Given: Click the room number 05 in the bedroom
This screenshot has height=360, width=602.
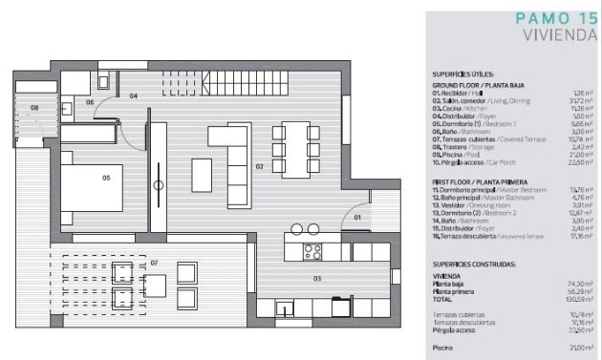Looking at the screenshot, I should coord(106,177).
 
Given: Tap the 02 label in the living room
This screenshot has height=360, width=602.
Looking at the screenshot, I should coord(259,166).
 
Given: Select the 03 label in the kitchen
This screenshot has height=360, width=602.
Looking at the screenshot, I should coord(317,278).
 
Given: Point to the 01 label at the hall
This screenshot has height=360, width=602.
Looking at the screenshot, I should coord(356,218).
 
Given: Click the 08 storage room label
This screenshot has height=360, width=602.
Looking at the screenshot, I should coord(34,108).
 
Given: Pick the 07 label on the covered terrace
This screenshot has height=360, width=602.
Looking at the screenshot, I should coord(154,261).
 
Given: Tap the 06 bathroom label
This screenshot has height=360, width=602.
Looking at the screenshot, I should coord(90,101).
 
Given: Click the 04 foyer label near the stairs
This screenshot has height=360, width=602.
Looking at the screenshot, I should coord(134,95).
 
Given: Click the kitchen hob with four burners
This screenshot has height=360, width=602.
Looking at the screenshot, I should coord(312,252).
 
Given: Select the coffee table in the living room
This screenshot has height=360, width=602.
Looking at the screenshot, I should coord(203,175).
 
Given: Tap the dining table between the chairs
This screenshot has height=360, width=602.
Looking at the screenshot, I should coord(292,149).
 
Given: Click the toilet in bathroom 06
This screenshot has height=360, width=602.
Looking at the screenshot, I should coord(104,81).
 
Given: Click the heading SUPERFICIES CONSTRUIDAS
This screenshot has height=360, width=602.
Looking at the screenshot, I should coord(475,263).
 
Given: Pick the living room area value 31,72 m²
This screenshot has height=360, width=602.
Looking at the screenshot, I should coord(582,99).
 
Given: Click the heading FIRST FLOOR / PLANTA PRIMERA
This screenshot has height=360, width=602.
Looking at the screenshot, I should coord(481,180).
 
